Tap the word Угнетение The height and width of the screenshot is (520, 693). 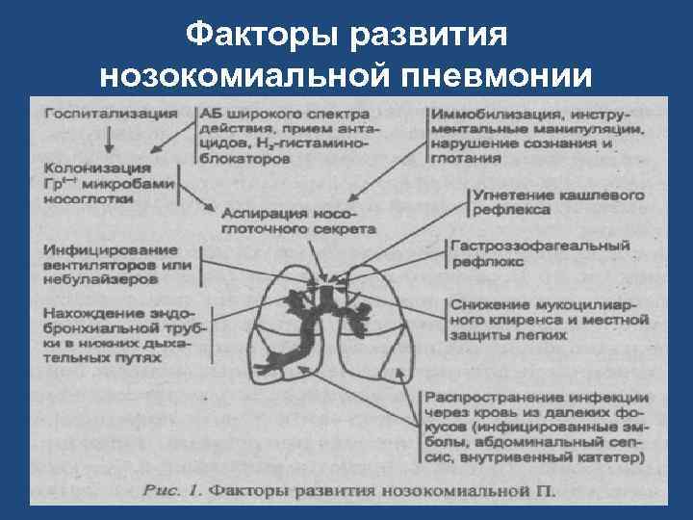(510, 194)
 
